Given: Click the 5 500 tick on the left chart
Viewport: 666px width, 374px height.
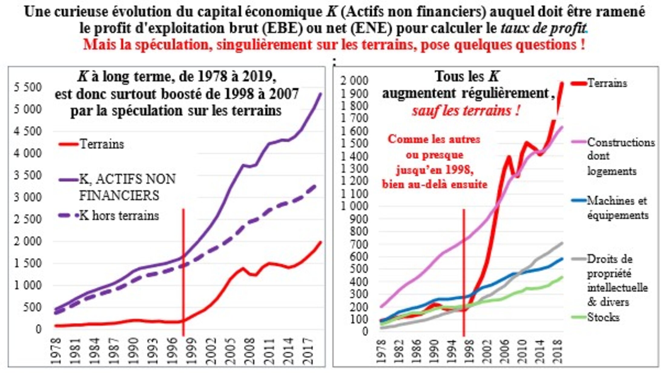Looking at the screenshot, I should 28,87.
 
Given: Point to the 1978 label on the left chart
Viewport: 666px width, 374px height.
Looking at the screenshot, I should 57,351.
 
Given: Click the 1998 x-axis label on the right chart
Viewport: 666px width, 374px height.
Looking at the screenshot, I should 468,351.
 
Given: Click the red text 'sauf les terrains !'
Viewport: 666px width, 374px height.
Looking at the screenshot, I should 466,111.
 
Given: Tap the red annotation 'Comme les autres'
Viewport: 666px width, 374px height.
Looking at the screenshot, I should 434,139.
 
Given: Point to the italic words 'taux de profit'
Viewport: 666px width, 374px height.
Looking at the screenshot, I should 543,28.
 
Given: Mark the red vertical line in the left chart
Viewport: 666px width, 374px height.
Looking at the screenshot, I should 183,272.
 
